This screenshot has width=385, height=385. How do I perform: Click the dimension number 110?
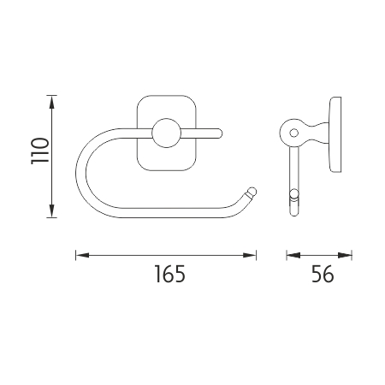[40, 151]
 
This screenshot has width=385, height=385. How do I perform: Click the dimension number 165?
[169, 274]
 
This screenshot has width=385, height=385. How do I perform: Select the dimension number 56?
[323, 274]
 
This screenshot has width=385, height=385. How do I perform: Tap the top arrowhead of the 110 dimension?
[51, 102]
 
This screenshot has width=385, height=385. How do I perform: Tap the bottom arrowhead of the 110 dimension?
[51, 211]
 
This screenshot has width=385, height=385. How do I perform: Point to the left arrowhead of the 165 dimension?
[82, 255]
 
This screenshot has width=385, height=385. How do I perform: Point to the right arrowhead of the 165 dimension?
[250, 255]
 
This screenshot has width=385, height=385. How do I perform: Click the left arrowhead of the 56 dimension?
[293, 255]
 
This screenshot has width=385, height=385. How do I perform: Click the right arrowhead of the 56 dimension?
[345, 255]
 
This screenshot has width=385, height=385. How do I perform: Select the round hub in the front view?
[167, 133]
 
